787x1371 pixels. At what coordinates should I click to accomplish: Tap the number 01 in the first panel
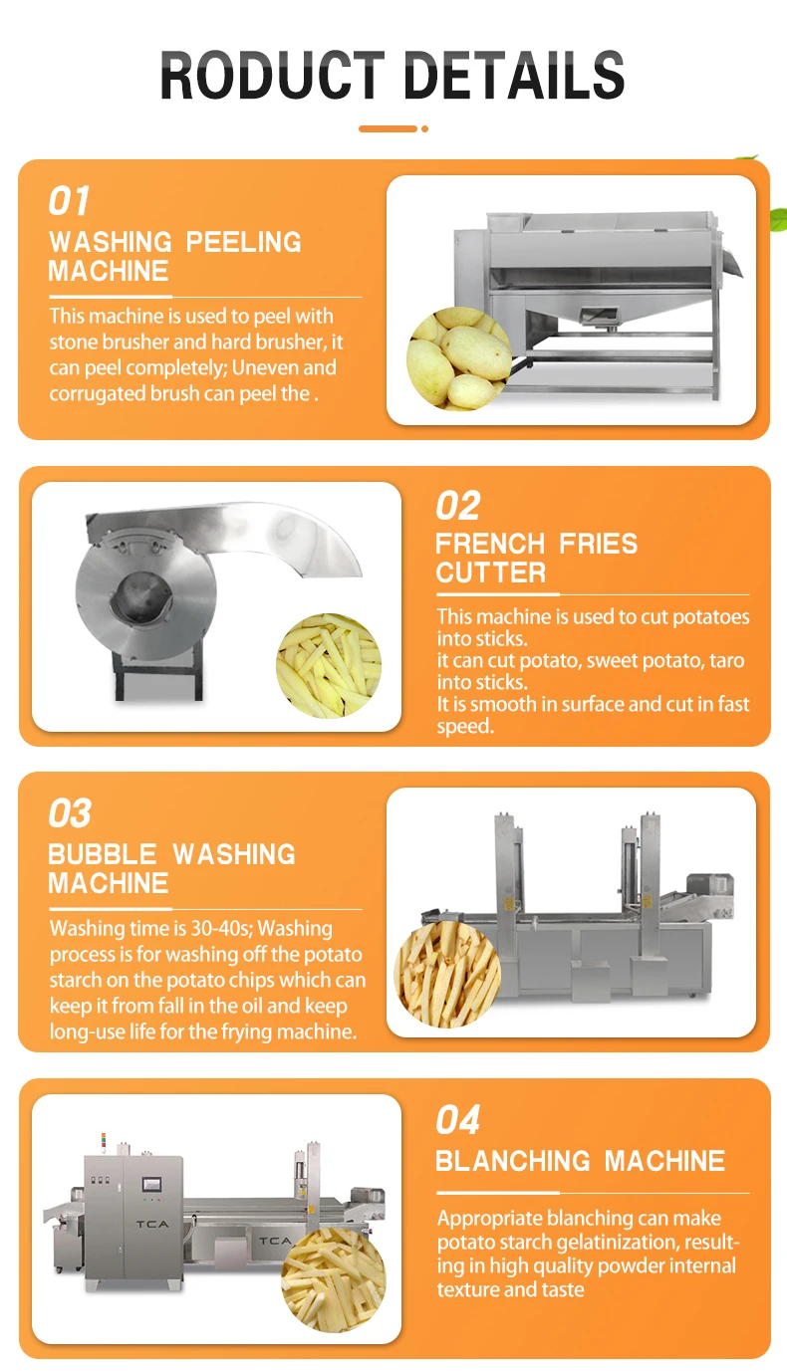tap(69, 201)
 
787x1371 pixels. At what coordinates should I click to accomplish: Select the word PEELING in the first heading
tap(243, 242)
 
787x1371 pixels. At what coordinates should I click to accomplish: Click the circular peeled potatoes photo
tap(458, 358)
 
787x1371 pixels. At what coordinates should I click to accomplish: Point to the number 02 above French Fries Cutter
tap(457, 506)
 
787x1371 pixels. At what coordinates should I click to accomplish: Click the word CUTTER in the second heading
tap(490, 572)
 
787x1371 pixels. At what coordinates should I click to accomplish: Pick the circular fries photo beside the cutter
tap(329, 665)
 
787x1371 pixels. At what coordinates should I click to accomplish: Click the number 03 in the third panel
tap(70, 813)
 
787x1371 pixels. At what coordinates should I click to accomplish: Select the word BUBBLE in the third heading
tap(103, 854)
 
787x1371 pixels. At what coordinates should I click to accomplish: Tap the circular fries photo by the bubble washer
tap(447, 974)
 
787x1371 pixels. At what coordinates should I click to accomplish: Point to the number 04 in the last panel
tap(457, 1119)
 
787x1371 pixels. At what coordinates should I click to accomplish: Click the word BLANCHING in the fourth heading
tap(513, 1161)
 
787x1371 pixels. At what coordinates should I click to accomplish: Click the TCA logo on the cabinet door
tap(152, 1224)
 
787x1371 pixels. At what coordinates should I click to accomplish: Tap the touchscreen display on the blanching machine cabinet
tap(151, 1185)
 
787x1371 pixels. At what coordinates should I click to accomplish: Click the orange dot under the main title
tap(425, 128)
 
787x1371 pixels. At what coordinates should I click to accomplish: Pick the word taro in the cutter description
tap(727, 660)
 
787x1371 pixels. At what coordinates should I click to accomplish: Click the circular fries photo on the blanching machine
tap(334, 1279)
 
